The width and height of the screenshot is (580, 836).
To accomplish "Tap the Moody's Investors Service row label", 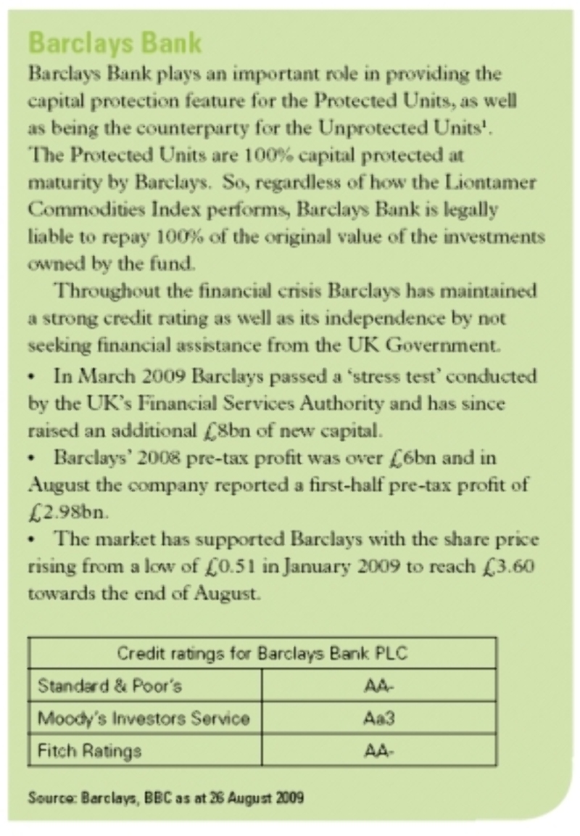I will point(144,718).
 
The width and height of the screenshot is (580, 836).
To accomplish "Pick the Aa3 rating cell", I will point(378,718).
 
